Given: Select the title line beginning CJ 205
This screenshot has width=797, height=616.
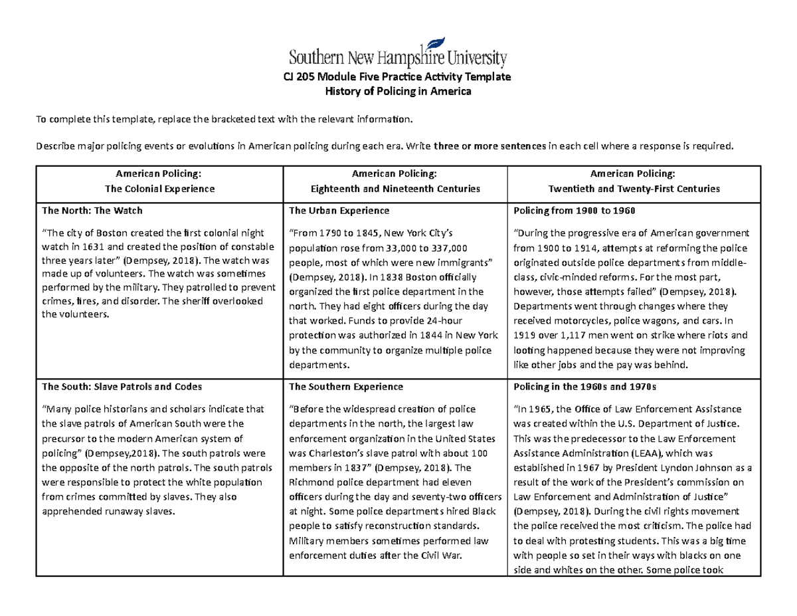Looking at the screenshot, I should pyautogui.click(x=398, y=76).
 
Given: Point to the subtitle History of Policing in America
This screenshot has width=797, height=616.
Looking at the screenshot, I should pyautogui.click(x=398, y=92).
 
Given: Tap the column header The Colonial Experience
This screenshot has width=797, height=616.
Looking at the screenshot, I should pyautogui.click(x=159, y=189).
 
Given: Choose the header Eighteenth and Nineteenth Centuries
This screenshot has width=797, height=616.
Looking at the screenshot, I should pyautogui.click(x=395, y=189).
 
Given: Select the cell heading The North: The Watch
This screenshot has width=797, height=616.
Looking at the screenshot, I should pyautogui.click(x=92, y=211).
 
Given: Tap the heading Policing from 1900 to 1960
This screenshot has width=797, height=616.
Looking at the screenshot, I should pyautogui.click(x=575, y=211).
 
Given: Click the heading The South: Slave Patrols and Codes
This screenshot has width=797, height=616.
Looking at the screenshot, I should pyautogui.click(x=122, y=386).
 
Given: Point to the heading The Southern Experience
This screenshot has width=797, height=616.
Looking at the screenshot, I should pyautogui.click(x=345, y=386).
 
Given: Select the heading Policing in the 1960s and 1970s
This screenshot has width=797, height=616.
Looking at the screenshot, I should pyautogui.click(x=584, y=386).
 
